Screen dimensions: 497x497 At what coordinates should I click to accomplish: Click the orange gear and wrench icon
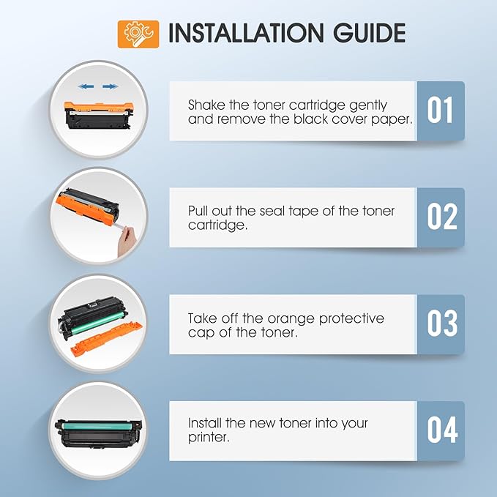pyautogui.click(x=138, y=34)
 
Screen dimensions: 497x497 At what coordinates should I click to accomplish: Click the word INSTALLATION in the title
pyautogui.click(x=246, y=33)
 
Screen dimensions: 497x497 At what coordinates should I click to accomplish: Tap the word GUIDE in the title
pyautogui.click(x=370, y=33)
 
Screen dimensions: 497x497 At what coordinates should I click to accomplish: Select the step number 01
pyautogui.click(x=440, y=111)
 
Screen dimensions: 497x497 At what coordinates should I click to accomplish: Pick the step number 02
pyautogui.click(x=442, y=217)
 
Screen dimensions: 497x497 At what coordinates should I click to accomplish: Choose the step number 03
pyautogui.click(x=442, y=324)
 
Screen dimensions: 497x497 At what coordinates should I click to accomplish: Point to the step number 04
pyautogui.click(x=442, y=430)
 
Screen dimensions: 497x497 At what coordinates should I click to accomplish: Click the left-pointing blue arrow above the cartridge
pyautogui.click(x=86, y=86)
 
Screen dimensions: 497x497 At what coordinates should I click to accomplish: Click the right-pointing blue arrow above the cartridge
pyautogui.click(x=110, y=86)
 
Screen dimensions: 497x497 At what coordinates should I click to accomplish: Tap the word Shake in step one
pyautogui.click(x=206, y=105)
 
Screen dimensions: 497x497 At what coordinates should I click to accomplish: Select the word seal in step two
pyautogui.click(x=272, y=211)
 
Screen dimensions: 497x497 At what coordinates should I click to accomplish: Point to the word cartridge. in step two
pyautogui.click(x=217, y=225)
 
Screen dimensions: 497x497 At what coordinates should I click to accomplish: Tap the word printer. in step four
pyautogui.click(x=209, y=438)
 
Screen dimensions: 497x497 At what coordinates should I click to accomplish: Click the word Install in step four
pyautogui.click(x=205, y=423)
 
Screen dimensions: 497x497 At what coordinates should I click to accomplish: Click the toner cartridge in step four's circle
pyautogui.click(x=99, y=433)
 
